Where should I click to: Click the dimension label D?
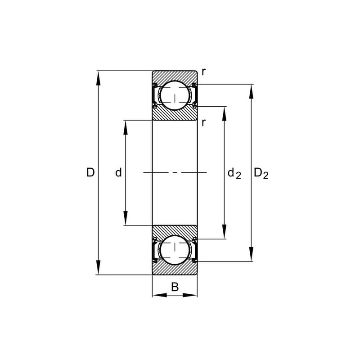pos(90,172)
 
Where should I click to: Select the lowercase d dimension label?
pos(119,172)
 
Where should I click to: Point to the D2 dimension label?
pos(261,173)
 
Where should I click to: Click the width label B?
pos(175,287)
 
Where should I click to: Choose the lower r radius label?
pos(204,122)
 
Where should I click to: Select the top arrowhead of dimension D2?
pos(251,90)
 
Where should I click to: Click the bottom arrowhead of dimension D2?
pos(251,255)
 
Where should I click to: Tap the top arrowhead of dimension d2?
pos(225,112)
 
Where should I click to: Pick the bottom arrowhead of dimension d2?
pos(225,233)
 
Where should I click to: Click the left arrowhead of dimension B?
pos(157,295)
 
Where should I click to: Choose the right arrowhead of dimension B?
pos(192,295)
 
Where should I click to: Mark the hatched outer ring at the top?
pos(175,75)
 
